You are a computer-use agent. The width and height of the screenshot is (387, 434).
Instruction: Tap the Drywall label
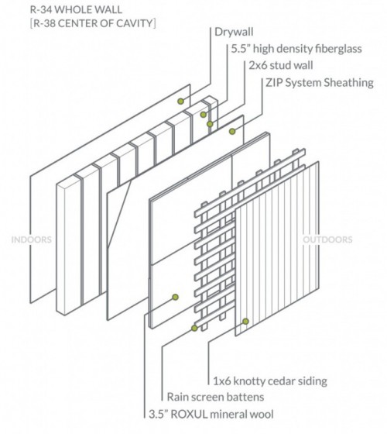pos(235,33)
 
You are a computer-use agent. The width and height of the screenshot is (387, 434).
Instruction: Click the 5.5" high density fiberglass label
pos(296,49)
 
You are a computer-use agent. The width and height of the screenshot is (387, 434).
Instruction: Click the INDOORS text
pos(33,239)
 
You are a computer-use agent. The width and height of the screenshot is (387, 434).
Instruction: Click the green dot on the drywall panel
pos(180,101)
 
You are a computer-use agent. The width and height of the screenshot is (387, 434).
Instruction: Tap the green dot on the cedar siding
pos(245,320)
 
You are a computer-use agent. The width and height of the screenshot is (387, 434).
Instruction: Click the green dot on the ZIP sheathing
pos(231,133)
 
